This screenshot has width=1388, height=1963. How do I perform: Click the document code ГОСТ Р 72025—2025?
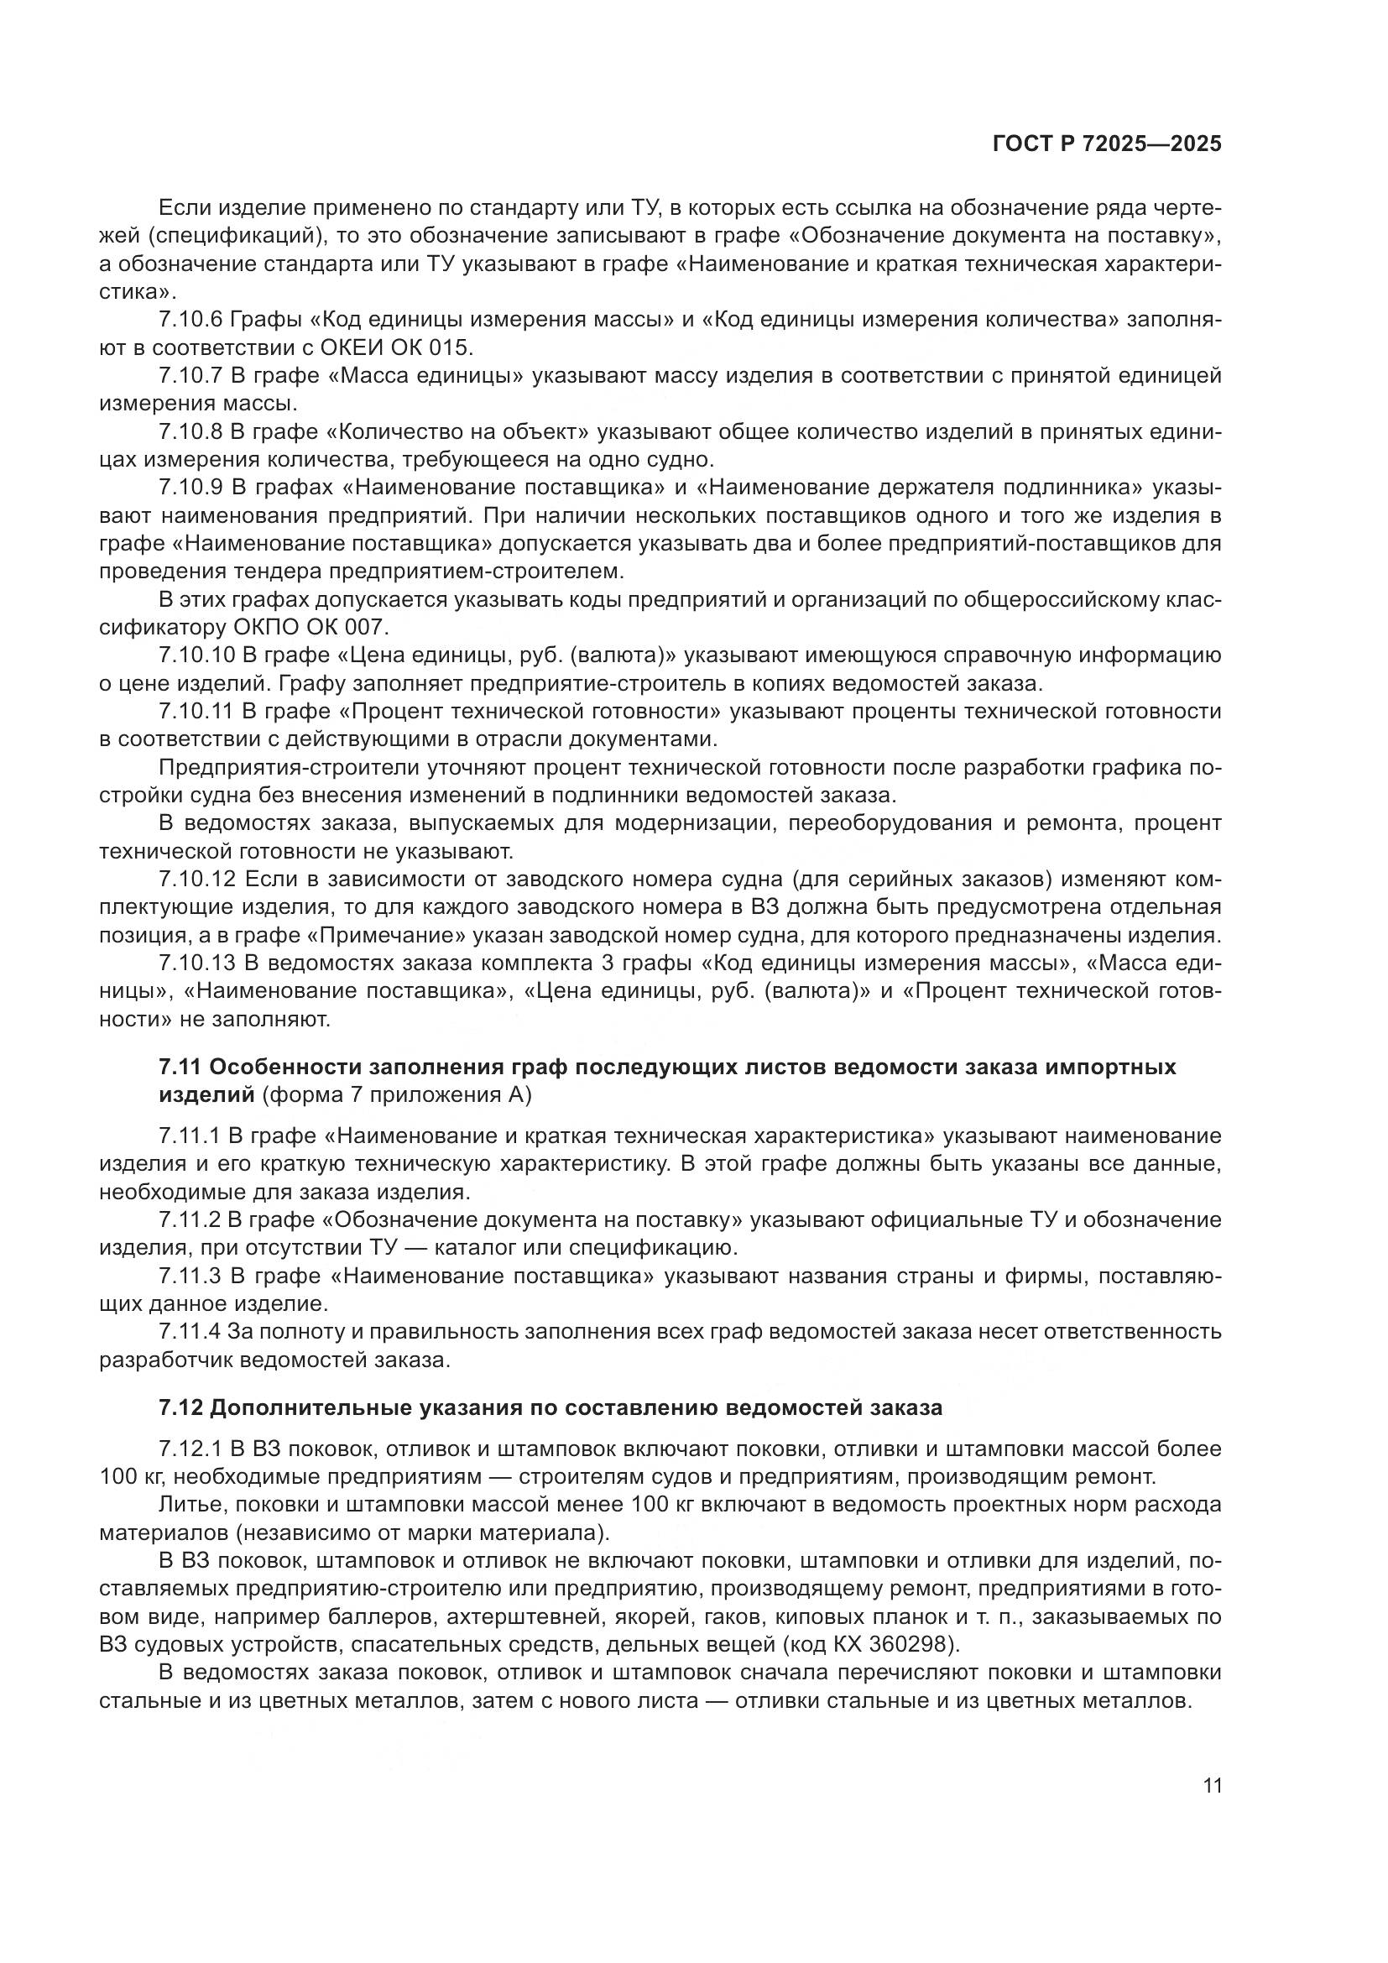click(1107, 144)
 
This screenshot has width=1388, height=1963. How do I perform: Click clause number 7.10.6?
click(190, 320)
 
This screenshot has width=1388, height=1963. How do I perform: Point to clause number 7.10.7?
click(190, 375)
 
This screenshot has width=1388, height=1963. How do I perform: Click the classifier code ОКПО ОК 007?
click(310, 628)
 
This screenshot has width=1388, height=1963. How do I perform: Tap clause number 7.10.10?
click(196, 655)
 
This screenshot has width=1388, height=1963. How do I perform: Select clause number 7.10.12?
click(196, 879)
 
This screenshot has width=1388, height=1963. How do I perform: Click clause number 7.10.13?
click(196, 963)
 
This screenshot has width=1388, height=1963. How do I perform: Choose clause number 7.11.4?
click(190, 1331)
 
